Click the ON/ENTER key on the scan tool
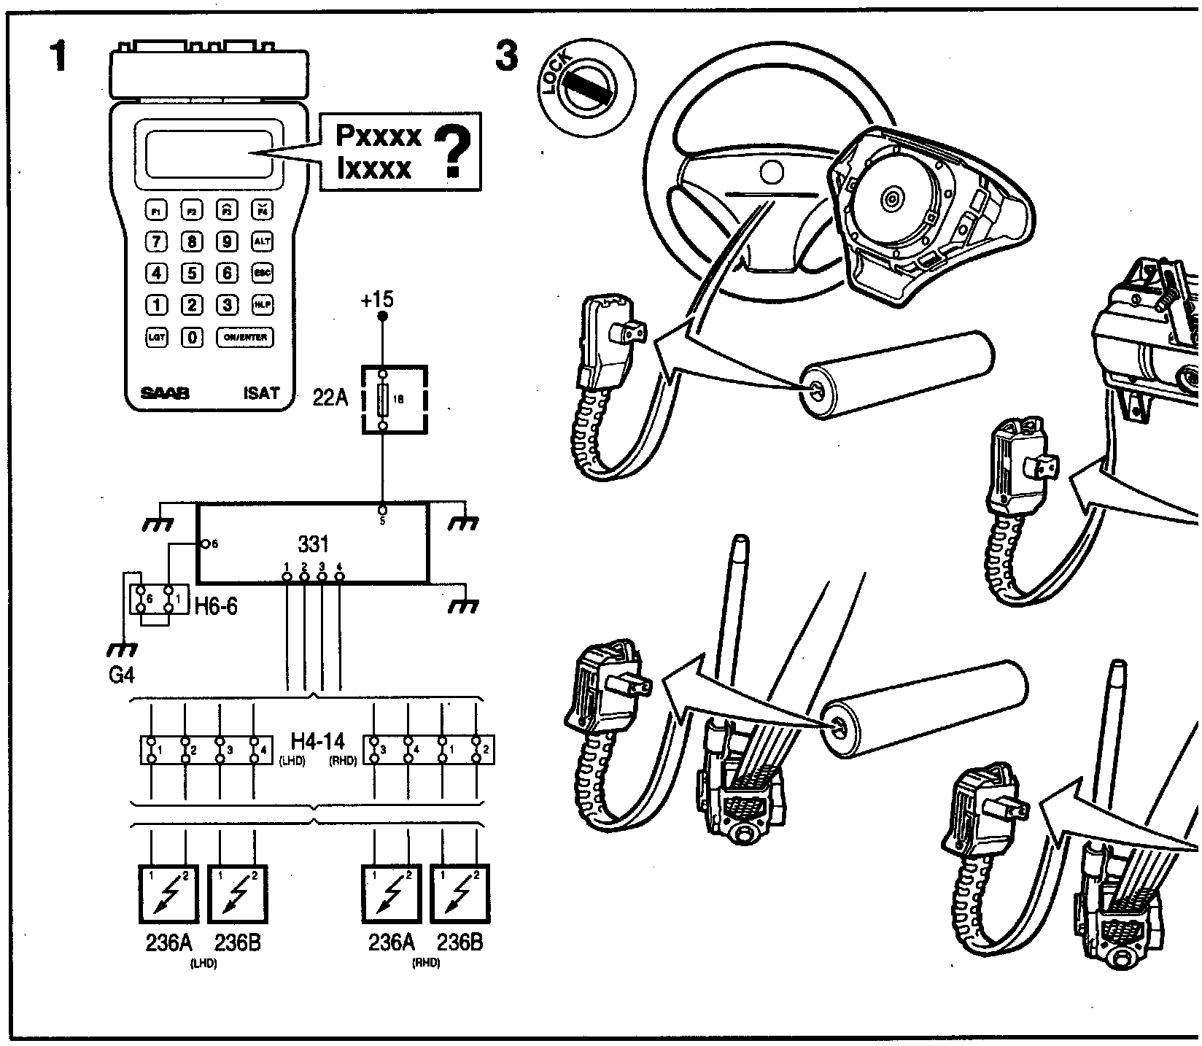pos(245,338)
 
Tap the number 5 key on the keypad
pos(192,274)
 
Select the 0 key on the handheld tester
pos(192,338)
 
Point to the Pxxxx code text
pos(378,136)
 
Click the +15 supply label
pos(377,299)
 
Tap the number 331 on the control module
pos(314,544)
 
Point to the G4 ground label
pos(121,675)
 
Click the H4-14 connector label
pos(317,741)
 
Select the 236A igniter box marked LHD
pos(168,894)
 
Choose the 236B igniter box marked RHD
pos(460,894)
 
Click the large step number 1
pos(58,57)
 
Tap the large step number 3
pos(507,57)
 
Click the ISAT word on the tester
pos(261,394)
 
